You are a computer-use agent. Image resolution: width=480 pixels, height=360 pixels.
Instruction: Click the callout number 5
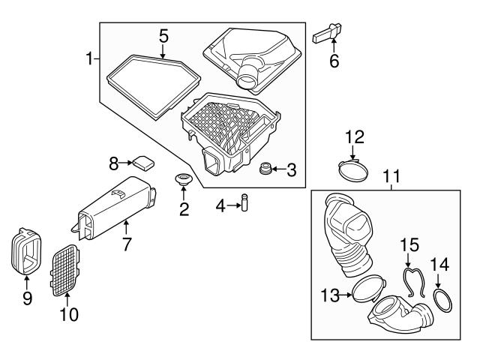[163, 37]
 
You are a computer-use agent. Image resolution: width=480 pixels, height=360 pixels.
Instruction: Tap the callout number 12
[355, 137]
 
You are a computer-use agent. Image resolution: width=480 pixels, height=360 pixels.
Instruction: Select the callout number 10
[69, 314]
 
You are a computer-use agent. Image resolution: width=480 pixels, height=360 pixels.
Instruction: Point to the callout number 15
[409, 245]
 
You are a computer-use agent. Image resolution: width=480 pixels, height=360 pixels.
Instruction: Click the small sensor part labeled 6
[327, 34]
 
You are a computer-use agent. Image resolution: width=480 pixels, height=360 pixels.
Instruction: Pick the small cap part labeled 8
[143, 162]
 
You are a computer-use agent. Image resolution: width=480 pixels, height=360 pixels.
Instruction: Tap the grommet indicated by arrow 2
[183, 178]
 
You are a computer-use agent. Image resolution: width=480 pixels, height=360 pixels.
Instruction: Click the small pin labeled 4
[244, 202]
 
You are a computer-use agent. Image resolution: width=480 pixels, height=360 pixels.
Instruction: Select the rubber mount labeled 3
[265, 169]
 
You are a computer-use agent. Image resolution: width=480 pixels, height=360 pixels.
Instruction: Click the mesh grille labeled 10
[65, 270]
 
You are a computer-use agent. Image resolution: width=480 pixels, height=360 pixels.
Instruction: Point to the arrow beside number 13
[346, 295]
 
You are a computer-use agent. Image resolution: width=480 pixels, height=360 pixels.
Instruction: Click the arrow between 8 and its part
[125, 163]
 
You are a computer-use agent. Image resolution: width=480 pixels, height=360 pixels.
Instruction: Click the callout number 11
[392, 176]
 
